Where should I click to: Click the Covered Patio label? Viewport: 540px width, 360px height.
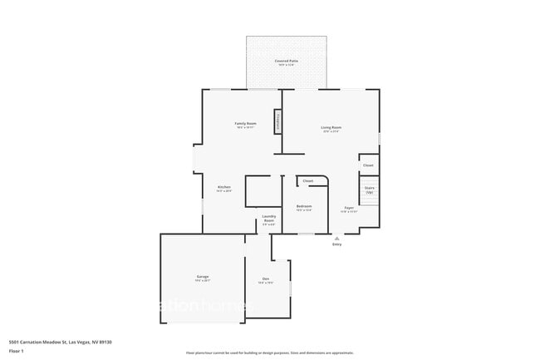[x=287, y=61]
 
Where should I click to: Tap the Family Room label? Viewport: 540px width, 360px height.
[x=246, y=123]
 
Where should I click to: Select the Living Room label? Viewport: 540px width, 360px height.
[x=331, y=127]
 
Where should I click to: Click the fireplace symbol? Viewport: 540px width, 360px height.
[x=278, y=121]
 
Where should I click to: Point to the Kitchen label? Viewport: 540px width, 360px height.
[x=224, y=187]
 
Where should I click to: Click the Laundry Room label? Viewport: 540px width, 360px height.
[x=268, y=218]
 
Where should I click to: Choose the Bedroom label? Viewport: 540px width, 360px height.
[x=304, y=205]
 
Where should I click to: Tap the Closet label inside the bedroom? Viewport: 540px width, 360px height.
[x=307, y=180]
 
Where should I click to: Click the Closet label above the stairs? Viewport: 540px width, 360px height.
[x=368, y=165]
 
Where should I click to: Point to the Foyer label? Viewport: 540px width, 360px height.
[x=349, y=208]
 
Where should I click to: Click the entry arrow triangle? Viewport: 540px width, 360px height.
[x=336, y=238]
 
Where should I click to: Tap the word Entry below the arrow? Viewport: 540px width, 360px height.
[x=336, y=245]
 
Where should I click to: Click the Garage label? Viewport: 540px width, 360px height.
[x=203, y=276]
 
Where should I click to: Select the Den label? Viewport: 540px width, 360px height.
[x=266, y=279]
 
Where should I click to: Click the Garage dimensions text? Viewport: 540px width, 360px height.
[x=203, y=281]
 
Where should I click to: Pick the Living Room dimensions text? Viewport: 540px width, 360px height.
[x=331, y=132]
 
